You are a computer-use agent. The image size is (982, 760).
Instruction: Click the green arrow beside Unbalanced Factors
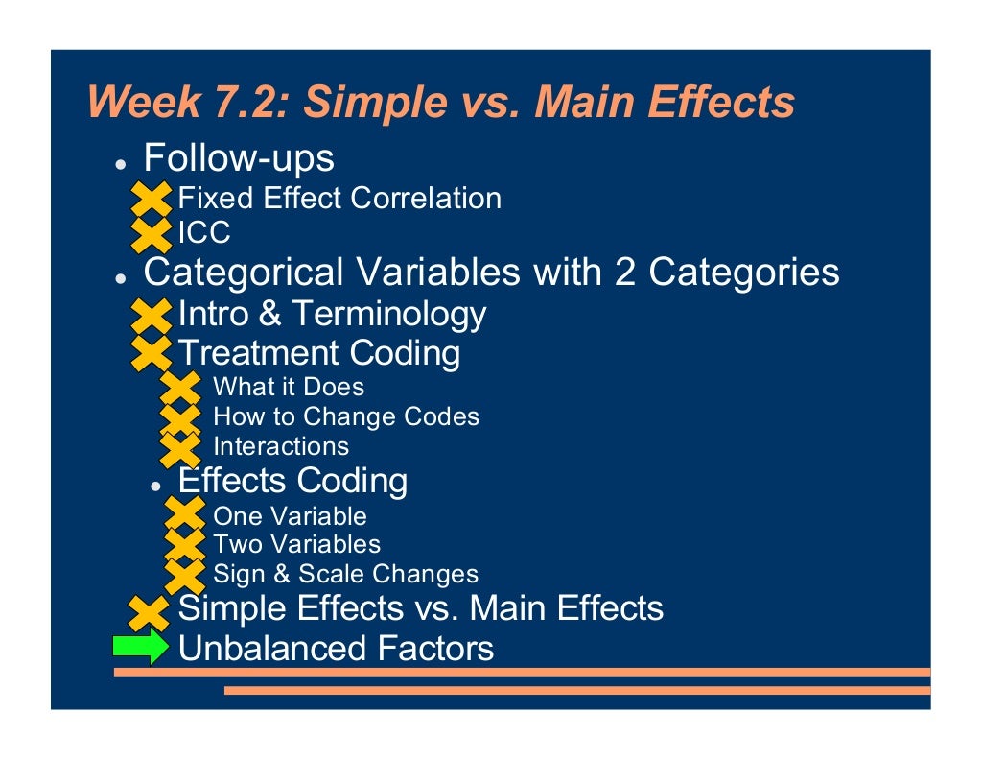tap(140, 648)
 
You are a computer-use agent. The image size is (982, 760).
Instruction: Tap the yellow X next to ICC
tap(150, 233)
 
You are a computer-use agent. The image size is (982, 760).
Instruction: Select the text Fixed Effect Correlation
tap(339, 199)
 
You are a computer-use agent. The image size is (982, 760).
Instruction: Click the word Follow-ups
tap(239, 157)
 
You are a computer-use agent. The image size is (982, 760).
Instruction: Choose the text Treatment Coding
tap(319, 353)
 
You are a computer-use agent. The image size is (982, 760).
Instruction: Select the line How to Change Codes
tap(345, 417)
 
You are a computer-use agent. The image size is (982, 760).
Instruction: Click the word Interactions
tap(281, 447)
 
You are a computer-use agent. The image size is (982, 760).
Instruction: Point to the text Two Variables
tap(296, 545)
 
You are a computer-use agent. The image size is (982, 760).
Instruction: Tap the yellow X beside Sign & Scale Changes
tap(184, 575)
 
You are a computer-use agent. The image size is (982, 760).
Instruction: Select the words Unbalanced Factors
tap(336, 649)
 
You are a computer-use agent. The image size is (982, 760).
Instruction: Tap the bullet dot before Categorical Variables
tap(121, 279)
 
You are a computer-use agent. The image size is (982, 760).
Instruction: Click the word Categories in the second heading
tap(744, 273)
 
